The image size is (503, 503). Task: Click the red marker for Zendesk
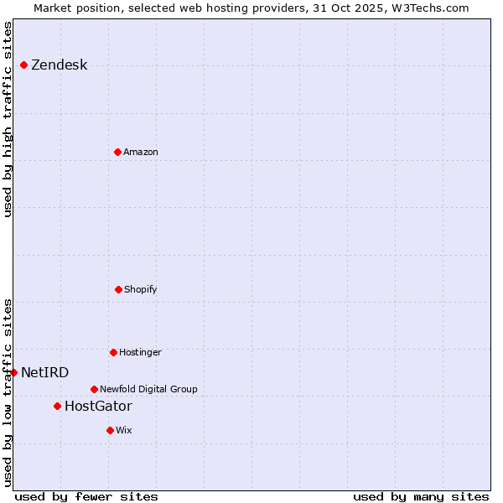point(23,65)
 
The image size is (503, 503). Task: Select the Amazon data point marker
point(117,152)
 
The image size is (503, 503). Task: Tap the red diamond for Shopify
point(118,289)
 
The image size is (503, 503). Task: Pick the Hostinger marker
point(113,352)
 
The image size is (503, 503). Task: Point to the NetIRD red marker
point(13,372)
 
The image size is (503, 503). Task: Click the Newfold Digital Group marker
point(94,389)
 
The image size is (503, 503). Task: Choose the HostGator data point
point(57,406)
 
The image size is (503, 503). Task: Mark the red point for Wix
point(110,430)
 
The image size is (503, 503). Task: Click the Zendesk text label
point(59,65)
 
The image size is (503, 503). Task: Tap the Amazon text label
point(141,153)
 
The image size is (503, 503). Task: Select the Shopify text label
point(141,290)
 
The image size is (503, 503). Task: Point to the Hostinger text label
point(140,353)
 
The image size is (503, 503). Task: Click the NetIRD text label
point(44,373)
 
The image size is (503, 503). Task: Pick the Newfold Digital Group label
point(148,390)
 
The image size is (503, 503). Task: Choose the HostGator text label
point(98,407)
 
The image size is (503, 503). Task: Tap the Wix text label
point(124,431)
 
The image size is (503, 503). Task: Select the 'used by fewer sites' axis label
point(86,496)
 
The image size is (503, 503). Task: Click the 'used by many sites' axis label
point(421,496)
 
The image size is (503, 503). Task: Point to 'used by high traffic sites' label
point(8,119)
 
